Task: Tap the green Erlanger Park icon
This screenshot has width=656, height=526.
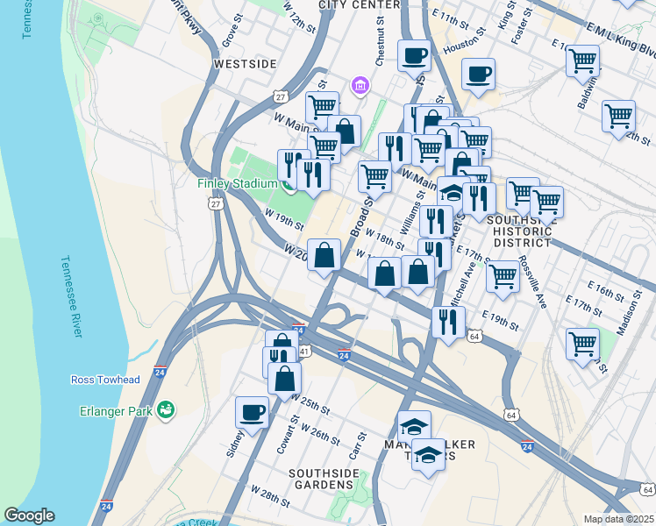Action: (x=166, y=409)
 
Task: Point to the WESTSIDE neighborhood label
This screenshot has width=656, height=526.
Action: (x=245, y=64)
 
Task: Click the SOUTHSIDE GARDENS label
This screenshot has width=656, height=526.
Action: (x=324, y=480)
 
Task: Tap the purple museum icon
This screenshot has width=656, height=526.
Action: (x=360, y=85)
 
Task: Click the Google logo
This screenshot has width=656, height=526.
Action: (x=29, y=515)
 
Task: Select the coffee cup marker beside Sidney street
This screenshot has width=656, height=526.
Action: (x=252, y=412)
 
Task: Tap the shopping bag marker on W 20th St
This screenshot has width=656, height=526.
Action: (x=324, y=255)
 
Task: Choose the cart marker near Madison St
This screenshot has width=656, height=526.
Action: (x=582, y=343)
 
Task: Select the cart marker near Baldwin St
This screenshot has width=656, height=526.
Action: (x=582, y=61)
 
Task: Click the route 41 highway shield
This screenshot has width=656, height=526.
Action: (x=304, y=350)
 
